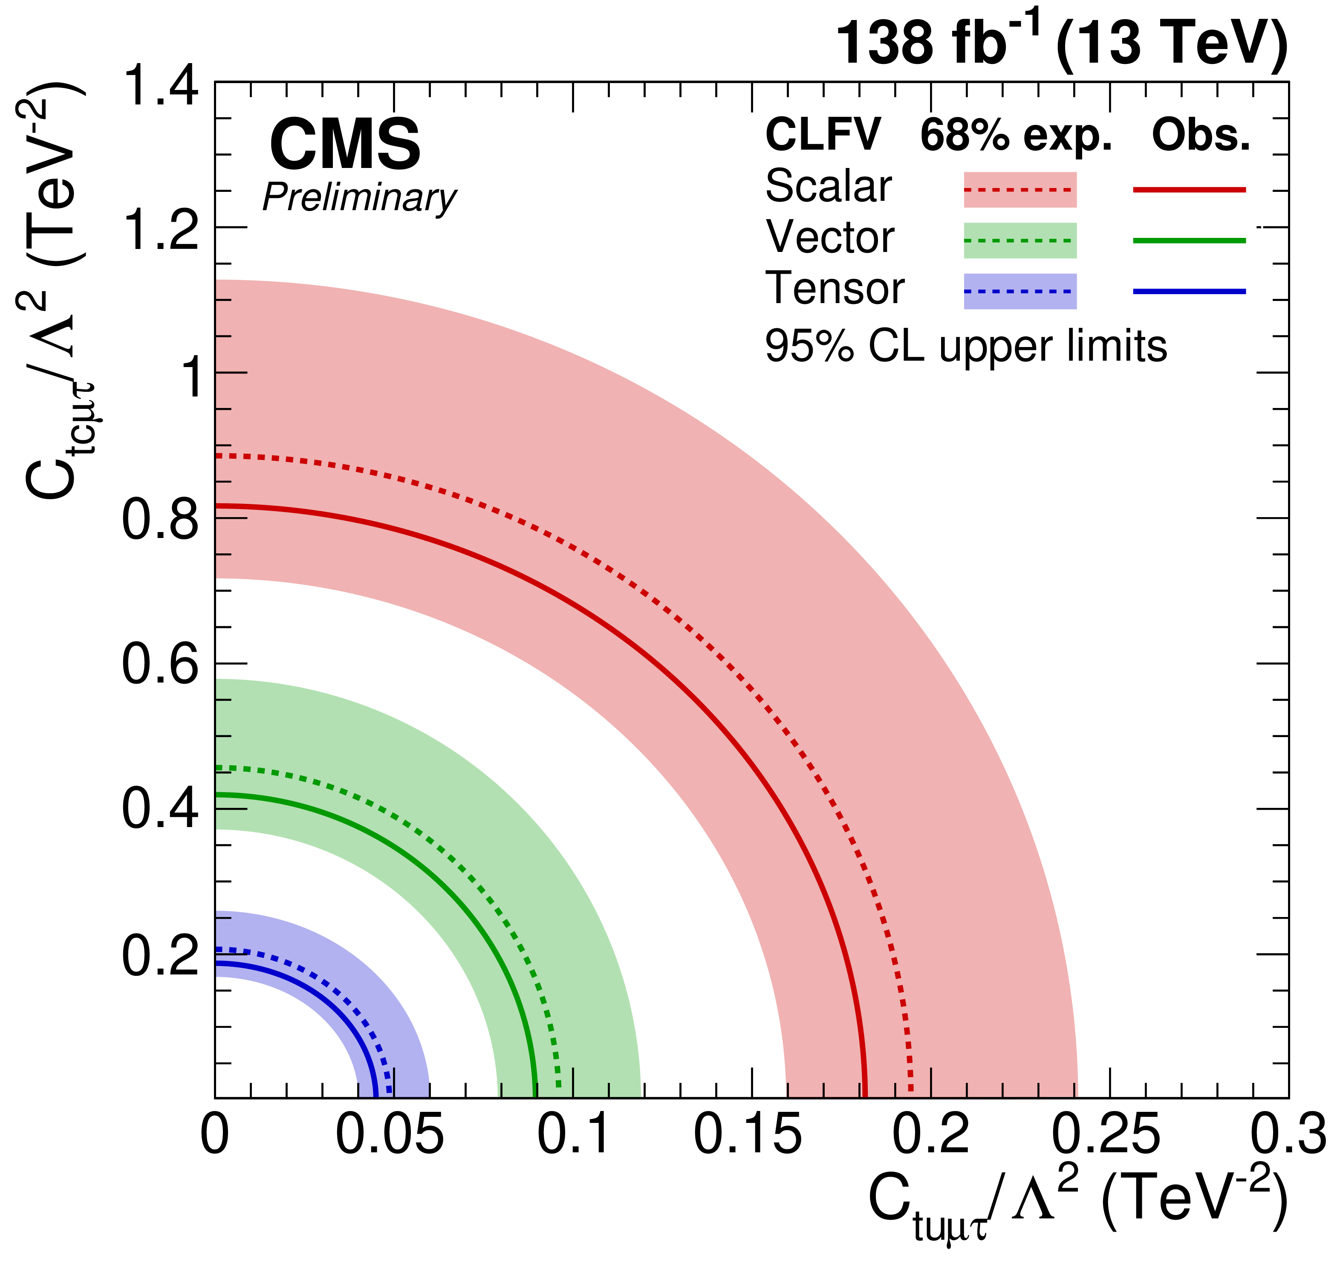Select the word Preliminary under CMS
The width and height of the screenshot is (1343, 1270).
tap(359, 198)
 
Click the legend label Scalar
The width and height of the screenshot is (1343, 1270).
tap(828, 186)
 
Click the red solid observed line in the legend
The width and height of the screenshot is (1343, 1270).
tap(1189, 190)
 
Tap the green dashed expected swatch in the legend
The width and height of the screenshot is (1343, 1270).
tap(1020, 240)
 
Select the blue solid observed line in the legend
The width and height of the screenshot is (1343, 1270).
tap(1189, 291)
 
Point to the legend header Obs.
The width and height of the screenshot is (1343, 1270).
tap(1200, 136)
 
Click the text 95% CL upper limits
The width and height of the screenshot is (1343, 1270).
tap(965, 347)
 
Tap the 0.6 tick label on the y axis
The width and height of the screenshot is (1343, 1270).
tap(160, 665)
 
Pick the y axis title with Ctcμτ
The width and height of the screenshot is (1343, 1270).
tap(54, 291)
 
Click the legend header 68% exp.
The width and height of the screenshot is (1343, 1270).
tap(1015, 136)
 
